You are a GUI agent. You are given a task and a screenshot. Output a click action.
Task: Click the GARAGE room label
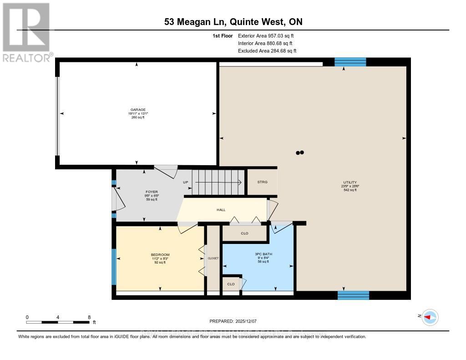[x=138, y=110]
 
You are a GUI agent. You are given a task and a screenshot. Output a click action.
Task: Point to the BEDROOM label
[x=160, y=254]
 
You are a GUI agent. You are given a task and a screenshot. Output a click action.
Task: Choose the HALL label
[x=221, y=210]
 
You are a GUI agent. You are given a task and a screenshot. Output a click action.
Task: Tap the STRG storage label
[x=262, y=182]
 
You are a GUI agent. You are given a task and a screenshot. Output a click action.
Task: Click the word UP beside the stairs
[x=186, y=182]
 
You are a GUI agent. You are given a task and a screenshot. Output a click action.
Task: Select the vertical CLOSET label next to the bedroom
[x=213, y=258]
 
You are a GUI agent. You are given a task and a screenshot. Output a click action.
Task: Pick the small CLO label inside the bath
[x=231, y=284]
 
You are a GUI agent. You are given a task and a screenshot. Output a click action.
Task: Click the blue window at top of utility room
[x=350, y=62]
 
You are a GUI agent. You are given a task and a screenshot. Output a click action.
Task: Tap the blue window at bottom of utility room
[x=353, y=295]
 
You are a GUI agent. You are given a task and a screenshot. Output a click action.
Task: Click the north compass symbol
[x=430, y=317]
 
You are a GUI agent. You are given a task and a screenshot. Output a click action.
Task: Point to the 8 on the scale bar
[x=89, y=317]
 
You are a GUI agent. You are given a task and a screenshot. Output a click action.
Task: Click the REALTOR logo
[x=26, y=32]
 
